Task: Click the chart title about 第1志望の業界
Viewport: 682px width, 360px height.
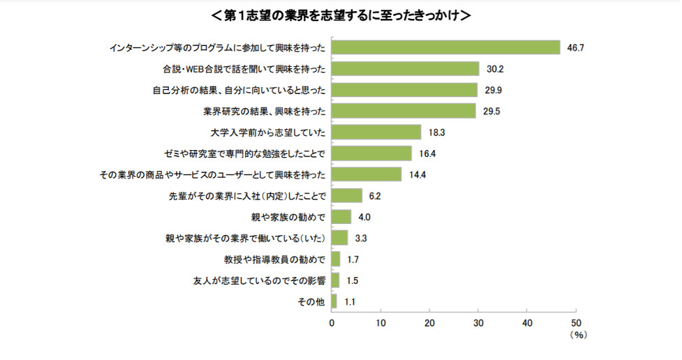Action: (341, 15)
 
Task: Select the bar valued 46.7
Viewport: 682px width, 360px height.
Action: (445, 47)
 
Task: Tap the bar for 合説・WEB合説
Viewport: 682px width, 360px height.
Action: (405, 68)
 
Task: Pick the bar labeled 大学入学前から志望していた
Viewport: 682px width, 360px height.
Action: (376, 132)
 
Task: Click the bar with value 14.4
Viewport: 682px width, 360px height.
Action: (366, 174)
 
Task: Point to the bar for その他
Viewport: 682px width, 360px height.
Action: (334, 301)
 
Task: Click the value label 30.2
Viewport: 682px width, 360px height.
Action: (496, 68)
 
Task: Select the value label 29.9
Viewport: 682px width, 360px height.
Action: (494, 90)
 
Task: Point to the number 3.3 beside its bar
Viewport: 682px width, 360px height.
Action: (361, 238)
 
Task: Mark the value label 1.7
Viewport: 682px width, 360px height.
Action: (353, 260)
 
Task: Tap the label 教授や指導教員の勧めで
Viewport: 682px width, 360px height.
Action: (274, 260)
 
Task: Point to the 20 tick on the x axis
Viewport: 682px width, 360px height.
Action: (429, 323)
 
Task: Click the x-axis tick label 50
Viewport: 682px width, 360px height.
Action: (576, 323)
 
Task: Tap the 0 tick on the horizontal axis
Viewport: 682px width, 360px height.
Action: (332, 323)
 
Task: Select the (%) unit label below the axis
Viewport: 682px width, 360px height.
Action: (578, 335)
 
